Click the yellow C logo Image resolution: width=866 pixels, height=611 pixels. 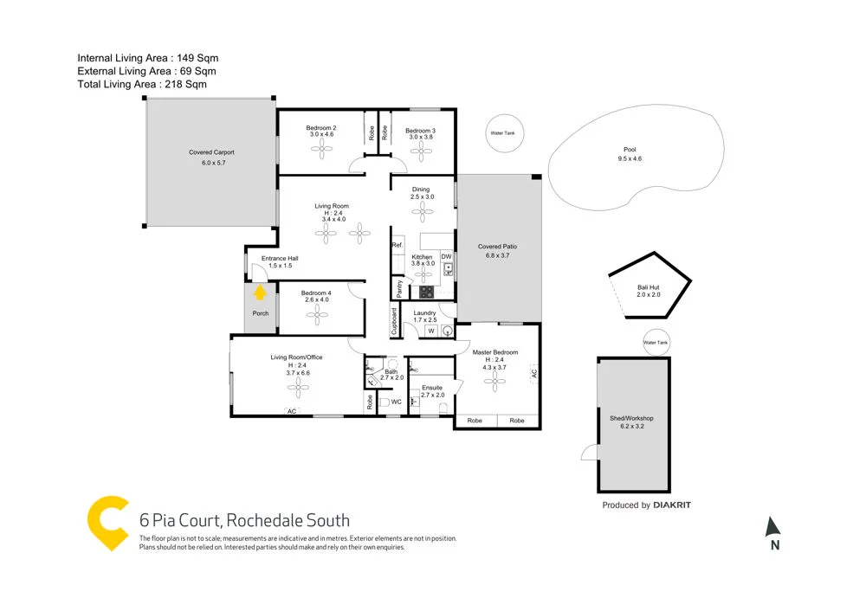pos(107,523)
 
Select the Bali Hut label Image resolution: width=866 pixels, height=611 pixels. pos(648,290)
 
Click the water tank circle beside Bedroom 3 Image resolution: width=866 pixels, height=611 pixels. pos(502,133)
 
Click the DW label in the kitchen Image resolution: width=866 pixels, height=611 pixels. pos(446,257)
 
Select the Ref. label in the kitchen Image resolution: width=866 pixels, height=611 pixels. pos(397,246)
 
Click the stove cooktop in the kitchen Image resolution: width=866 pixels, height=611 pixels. pos(426,291)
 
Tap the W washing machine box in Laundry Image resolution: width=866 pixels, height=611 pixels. pos(430,330)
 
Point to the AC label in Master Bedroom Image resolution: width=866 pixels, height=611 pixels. pos(534,373)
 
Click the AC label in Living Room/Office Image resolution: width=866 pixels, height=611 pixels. pos(292,411)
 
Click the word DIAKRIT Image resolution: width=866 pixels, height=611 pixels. pos(671,505)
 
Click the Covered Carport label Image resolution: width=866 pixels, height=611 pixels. pos(211,153)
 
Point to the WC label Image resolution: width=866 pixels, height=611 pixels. pos(396,402)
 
